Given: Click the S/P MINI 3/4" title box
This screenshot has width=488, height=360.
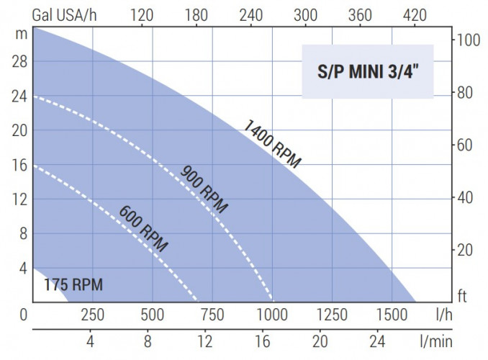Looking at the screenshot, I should tap(368, 71).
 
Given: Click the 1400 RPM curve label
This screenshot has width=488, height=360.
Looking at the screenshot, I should tap(272, 144).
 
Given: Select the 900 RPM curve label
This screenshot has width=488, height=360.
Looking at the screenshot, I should tap(204, 189).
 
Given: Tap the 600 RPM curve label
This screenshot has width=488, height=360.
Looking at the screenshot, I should tap(143, 228).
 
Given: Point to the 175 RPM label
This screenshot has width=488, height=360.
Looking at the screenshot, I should tap(73, 285).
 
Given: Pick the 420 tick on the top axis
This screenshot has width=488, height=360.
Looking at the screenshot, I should tap(416, 14).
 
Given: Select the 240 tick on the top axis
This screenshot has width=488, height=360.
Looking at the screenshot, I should tap(251, 14).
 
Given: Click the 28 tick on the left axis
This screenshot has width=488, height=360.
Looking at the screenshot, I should tap(19, 62).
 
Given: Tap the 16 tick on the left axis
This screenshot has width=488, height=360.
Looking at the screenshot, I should tap(19, 165).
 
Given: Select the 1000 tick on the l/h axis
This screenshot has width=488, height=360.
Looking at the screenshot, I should tap(272, 315).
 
